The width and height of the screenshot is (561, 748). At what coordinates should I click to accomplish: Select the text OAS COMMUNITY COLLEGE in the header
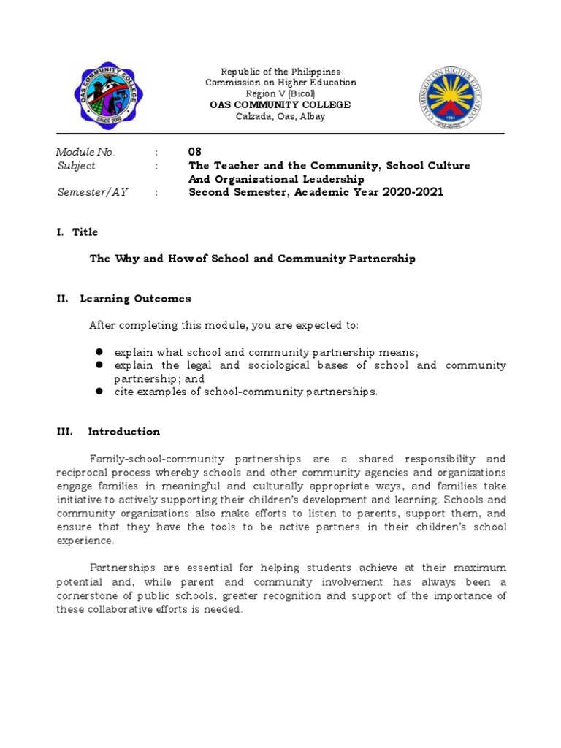[280, 105]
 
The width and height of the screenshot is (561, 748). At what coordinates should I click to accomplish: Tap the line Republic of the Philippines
[280, 72]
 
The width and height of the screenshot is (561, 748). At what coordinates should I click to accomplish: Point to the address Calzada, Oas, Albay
[280, 117]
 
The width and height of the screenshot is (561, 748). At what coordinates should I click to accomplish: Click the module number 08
[195, 152]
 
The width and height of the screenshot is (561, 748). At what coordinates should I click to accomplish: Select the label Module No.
[85, 152]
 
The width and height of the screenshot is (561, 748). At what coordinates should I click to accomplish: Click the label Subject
[76, 166]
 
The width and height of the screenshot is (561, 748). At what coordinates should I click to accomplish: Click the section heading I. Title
[77, 232]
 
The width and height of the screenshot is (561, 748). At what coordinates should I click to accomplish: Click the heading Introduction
[123, 432]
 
